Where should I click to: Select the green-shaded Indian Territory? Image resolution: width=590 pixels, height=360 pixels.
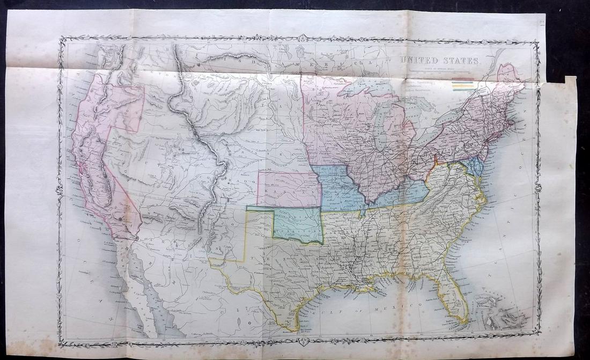(x=298, y=225)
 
